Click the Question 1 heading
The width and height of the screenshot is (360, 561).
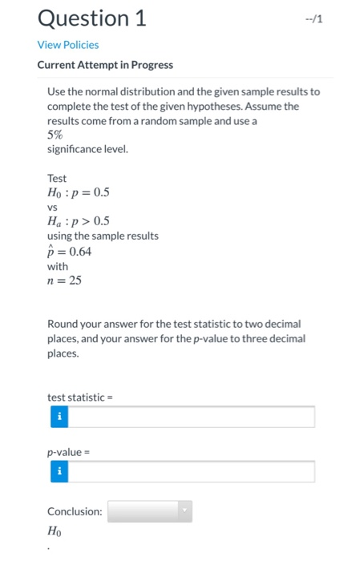pyautogui.click(x=91, y=18)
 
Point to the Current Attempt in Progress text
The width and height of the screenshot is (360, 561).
pyautogui.click(x=105, y=65)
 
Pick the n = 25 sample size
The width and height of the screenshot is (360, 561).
pyautogui.click(x=64, y=280)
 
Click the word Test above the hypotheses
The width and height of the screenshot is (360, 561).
pyautogui.click(x=57, y=178)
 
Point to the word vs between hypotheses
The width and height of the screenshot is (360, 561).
pyautogui.click(x=53, y=207)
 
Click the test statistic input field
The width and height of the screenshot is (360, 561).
pyautogui.click(x=191, y=417)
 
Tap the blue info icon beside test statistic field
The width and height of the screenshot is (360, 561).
pyautogui.click(x=58, y=417)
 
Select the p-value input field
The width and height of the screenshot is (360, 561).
pyautogui.click(x=191, y=472)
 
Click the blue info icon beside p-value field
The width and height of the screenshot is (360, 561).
pyautogui.click(x=58, y=472)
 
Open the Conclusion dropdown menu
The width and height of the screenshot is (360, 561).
pyautogui.click(x=149, y=511)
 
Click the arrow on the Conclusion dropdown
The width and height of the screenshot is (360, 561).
pyautogui.click(x=185, y=511)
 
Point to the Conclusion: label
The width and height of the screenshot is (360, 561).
pyautogui.click(x=75, y=511)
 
